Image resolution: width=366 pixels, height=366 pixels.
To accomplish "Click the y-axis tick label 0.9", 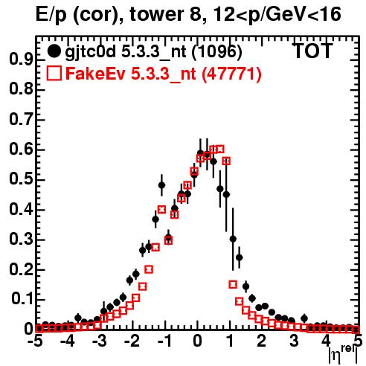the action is (21, 60).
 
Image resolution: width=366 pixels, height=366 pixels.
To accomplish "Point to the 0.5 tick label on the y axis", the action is (21, 179).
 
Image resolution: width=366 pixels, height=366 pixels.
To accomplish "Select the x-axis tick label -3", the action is (100, 341).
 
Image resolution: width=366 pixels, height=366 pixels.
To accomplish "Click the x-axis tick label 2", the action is (261, 341).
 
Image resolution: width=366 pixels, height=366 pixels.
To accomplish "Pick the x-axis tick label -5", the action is (36, 341).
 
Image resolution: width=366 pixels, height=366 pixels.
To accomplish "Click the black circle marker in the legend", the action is (54, 51).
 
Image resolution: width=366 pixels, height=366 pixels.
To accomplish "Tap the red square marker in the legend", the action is (54, 74).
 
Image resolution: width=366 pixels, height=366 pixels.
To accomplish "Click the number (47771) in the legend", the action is (231, 74).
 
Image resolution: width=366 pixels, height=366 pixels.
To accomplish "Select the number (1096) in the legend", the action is (216, 52).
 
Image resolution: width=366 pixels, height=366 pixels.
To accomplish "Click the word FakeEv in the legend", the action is (95, 74).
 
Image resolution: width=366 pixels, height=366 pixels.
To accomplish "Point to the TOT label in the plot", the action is (312, 51).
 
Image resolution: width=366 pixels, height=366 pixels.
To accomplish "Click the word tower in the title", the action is (164, 14).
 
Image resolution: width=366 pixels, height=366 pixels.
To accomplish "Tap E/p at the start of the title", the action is (51, 15).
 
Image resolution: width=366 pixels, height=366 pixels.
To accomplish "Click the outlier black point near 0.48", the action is (161, 185).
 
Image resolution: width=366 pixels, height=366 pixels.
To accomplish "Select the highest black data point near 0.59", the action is (200, 153).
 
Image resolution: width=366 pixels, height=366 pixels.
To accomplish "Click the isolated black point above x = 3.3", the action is (304, 318).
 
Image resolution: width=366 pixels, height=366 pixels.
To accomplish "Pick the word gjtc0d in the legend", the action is (91, 53).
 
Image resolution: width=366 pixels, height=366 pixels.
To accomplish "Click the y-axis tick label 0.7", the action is (21, 119).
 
